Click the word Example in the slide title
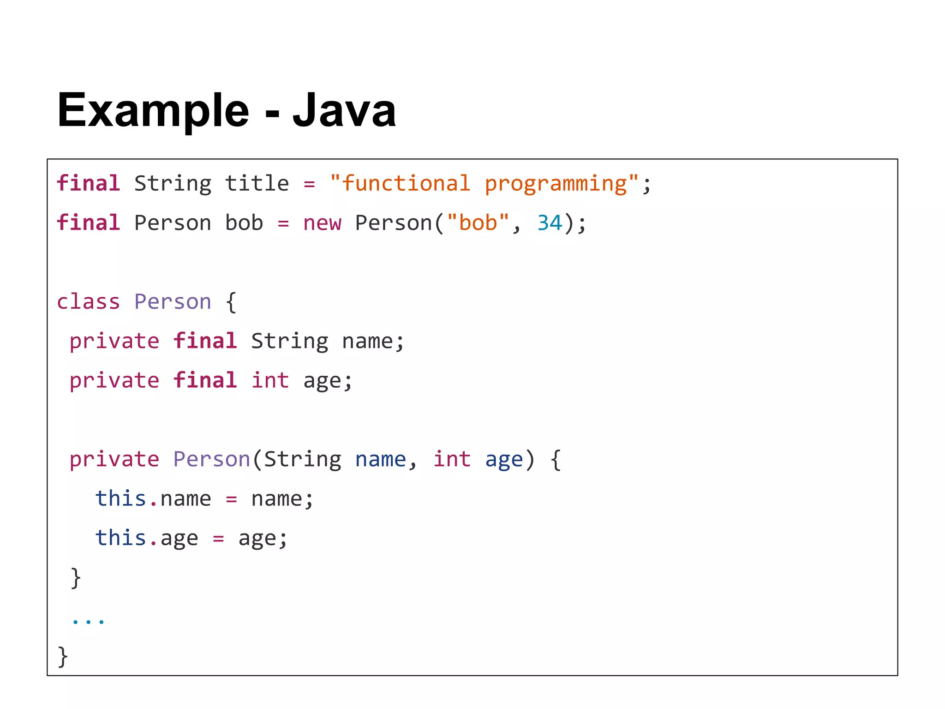tap(153, 111)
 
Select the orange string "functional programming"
tap(484, 184)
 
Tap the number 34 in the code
tap(550, 223)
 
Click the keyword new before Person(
tap(322, 223)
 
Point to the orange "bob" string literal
tap(478, 223)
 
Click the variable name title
tap(257, 184)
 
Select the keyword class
tap(88, 302)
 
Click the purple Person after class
tap(173, 302)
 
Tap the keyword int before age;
tap(270, 381)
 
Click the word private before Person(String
tap(114, 459)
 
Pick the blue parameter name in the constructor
tap(380, 459)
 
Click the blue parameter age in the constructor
tap(504, 460)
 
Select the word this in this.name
tap(120, 499)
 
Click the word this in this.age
tap(120, 538)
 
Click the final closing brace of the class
tap(63, 656)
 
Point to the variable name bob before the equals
tap(244, 223)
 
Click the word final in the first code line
tap(88, 184)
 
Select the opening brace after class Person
tap(231, 302)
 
